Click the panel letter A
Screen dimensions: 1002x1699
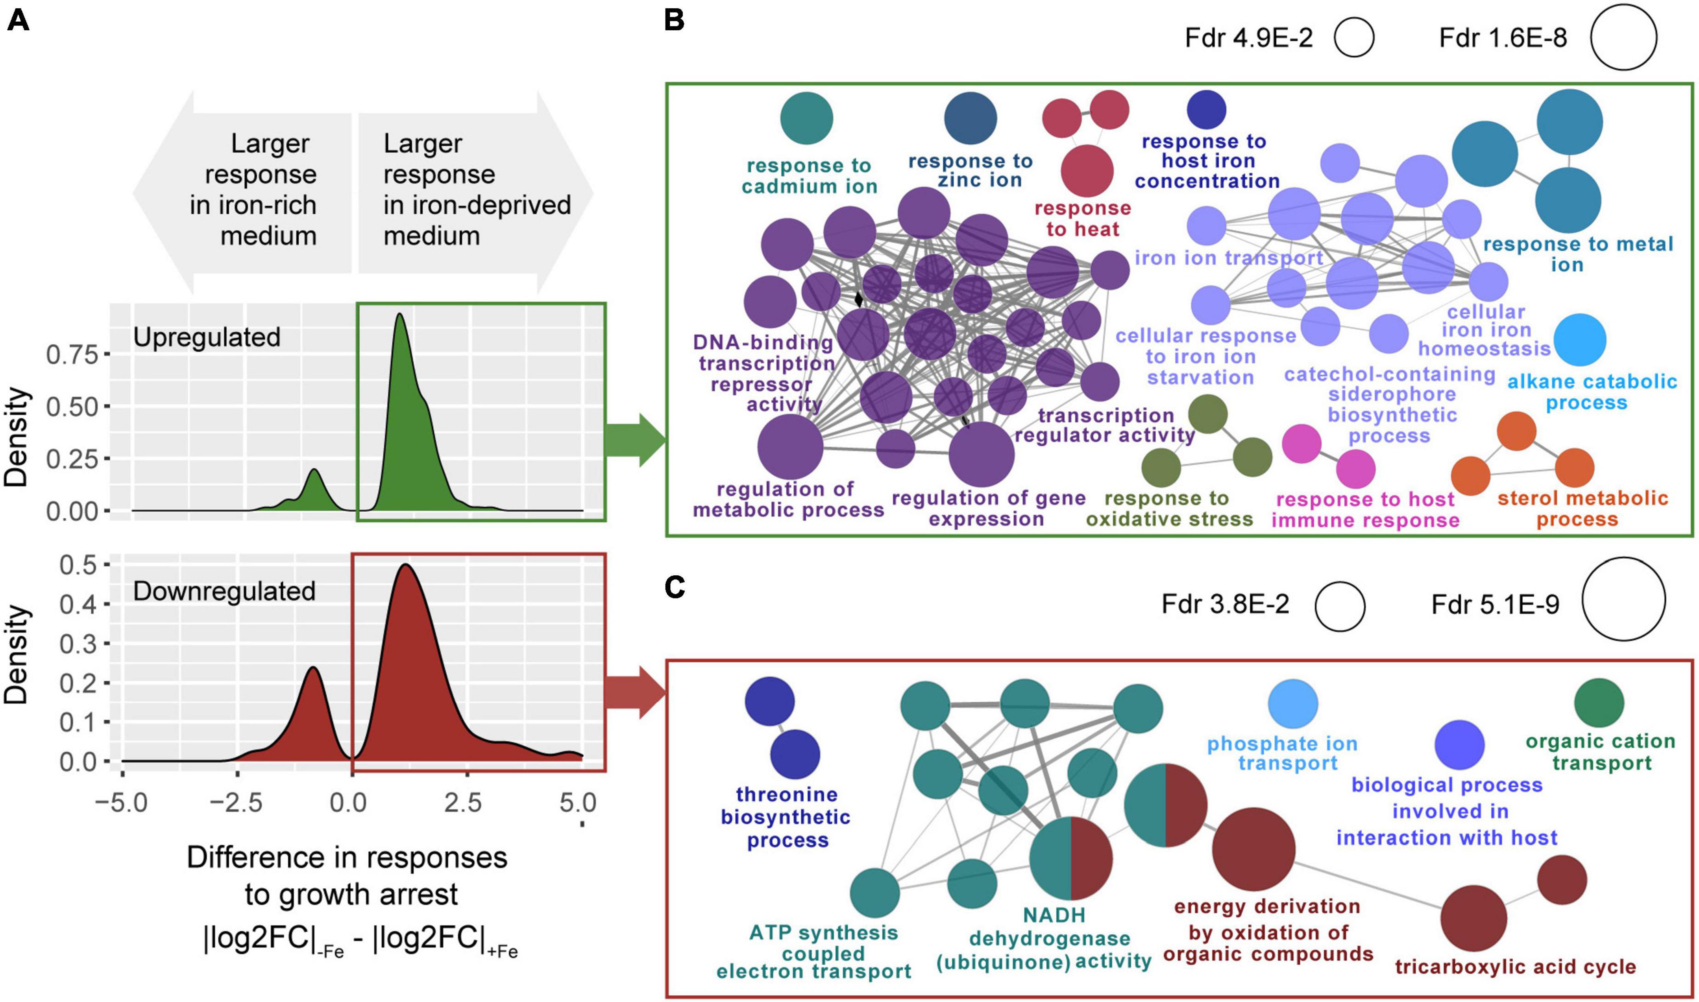18,22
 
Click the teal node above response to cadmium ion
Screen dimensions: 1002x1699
807,118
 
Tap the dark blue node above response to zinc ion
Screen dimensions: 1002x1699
970,118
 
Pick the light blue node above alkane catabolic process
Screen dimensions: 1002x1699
1579,340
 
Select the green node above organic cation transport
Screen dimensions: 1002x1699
1599,703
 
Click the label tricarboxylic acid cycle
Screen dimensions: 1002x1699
1515,967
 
